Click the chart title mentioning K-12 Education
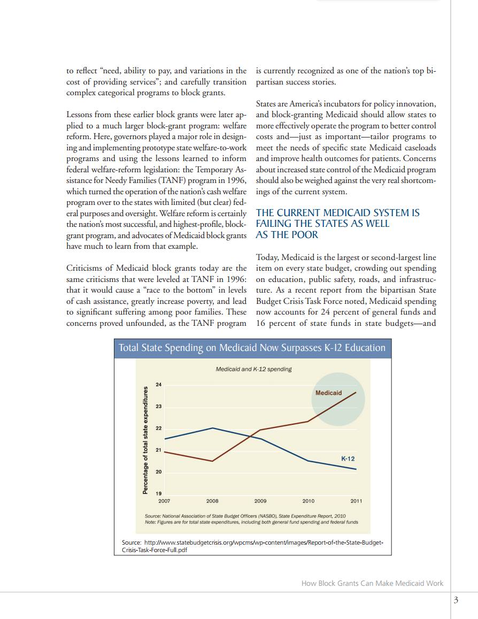click(x=252, y=348)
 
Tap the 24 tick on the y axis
click(x=158, y=385)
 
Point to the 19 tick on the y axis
click(x=158, y=493)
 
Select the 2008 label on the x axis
click(x=212, y=501)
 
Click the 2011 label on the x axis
click(x=356, y=501)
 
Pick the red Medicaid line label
click(x=328, y=393)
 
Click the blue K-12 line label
click(x=348, y=459)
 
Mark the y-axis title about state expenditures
click(x=145, y=440)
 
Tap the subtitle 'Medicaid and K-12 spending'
click(x=253, y=369)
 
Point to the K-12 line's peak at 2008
click(x=213, y=428)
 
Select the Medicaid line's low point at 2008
click(x=213, y=461)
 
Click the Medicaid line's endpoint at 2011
click(x=356, y=392)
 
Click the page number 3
click(x=456, y=600)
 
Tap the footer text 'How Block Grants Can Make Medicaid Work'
click(x=372, y=583)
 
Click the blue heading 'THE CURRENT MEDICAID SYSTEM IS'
click(x=337, y=213)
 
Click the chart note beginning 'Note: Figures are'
click(x=251, y=522)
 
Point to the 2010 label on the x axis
click(x=309, y=501)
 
